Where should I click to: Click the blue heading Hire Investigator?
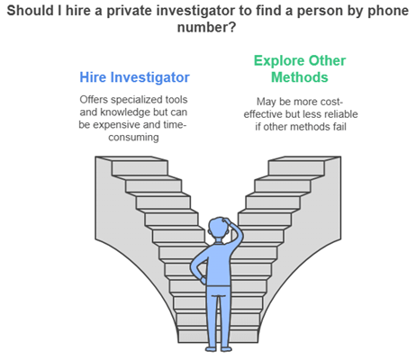[134, 77]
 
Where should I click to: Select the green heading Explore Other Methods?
[300, 69]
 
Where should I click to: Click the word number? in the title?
[207, 28]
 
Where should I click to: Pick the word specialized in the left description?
[133, 100]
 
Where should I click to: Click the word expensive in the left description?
[116, 124]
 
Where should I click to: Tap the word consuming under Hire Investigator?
[133, 138]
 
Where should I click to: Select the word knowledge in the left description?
[125, 112]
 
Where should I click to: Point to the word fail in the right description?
[339, 127]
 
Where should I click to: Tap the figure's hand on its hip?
[203, 280]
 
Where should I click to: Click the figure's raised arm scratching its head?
[236, 232]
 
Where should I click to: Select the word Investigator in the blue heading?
[150, 77]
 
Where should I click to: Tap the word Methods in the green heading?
[300, 77]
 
